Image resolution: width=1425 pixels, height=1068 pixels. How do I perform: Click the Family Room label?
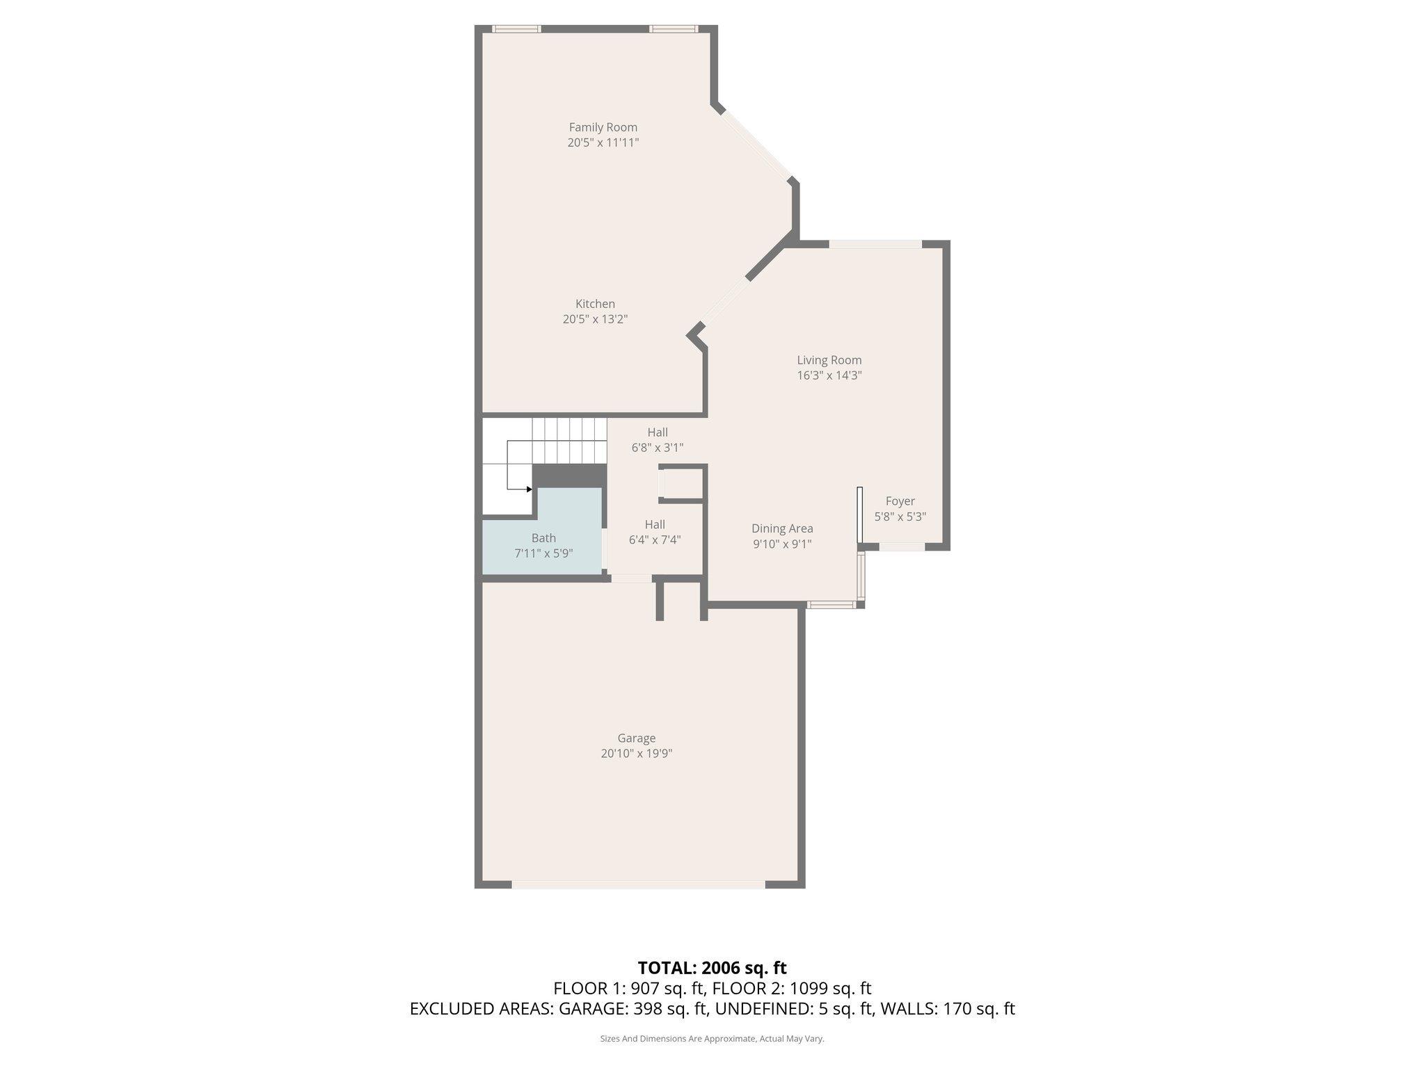click(x=603, y=127)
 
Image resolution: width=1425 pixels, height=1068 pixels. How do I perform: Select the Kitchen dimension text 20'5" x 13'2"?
click(x=595, y=319)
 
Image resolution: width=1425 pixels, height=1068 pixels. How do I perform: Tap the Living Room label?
click(x=829, y=360)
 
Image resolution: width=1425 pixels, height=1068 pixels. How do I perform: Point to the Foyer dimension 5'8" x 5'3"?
click(x=900, y=517)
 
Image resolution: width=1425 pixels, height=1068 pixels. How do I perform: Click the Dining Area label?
click(x=782, y=528)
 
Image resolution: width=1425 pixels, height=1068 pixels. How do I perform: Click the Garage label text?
click(x=636, y=738)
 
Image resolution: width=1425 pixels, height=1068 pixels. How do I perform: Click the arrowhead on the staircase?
click(x=530, y=489)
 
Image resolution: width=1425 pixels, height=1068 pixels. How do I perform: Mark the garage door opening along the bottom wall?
click(x=638, y=884)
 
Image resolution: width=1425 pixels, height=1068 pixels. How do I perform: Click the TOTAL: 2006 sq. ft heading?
click(x=712, y=968)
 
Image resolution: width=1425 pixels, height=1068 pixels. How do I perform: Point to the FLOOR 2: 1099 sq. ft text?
click(x=792, y=988)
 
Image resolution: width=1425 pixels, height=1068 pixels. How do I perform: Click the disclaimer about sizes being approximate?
click(x=712, y=1039)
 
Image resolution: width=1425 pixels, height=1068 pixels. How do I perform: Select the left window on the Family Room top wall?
click(x=516, y=29)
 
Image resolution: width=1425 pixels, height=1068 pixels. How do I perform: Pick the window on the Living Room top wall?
click(x=875, y=244)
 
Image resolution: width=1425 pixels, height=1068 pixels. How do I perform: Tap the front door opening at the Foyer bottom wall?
click(x=902, y=547)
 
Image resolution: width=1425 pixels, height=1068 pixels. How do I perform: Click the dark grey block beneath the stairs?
click(x=568, y=476)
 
